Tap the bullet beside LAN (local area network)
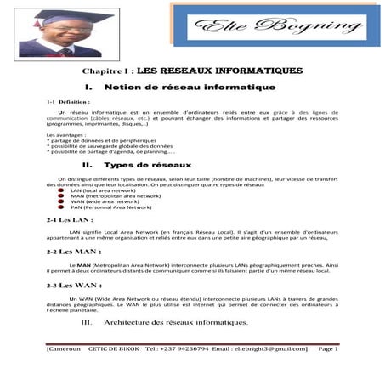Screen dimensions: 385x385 point(61,190)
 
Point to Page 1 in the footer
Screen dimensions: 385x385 point(327,348)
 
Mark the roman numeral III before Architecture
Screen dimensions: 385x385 point(84,323)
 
